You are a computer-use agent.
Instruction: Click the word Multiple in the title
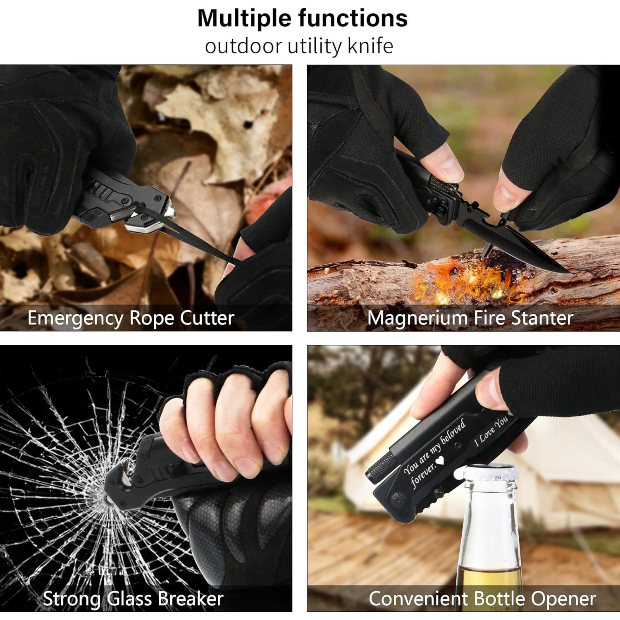tap(245, 19)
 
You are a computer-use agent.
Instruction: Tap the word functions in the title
tap(353, 19)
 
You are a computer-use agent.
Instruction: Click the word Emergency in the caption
tap(75, 318)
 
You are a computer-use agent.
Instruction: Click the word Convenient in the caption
tap(418, 599)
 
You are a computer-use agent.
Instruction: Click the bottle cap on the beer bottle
tap(490, 471)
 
